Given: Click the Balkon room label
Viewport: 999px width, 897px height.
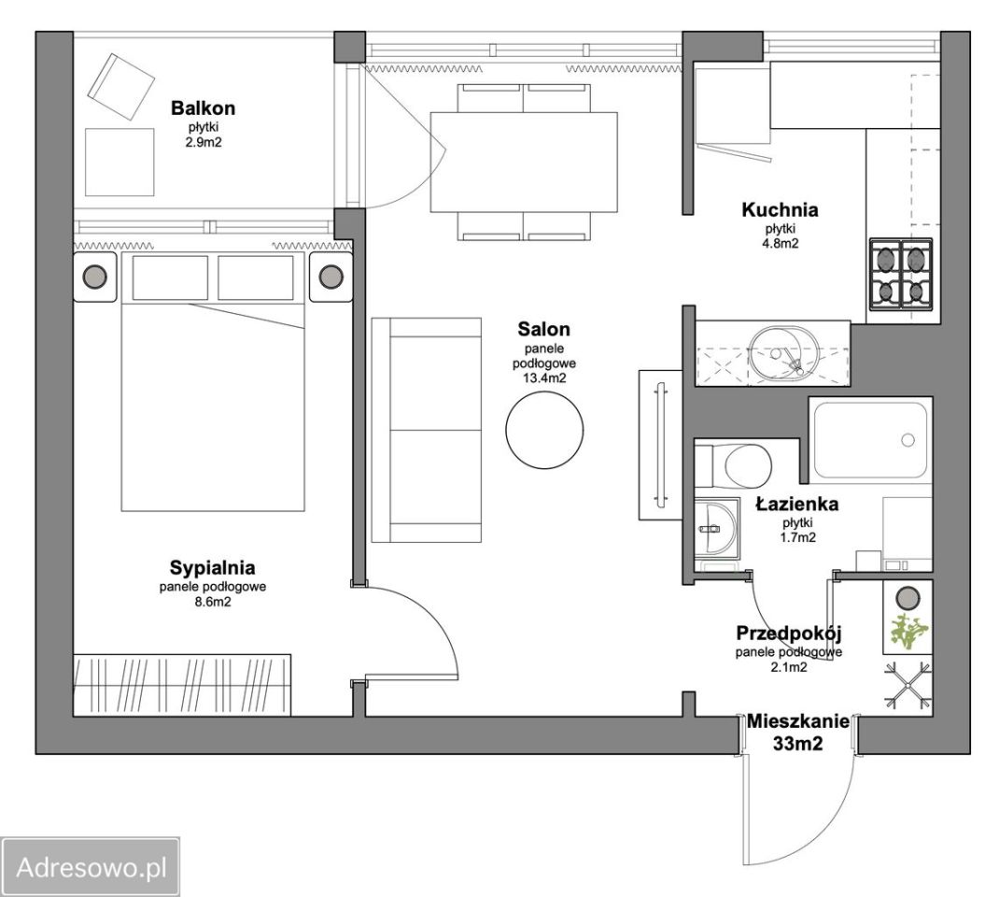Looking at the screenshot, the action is (203, 108).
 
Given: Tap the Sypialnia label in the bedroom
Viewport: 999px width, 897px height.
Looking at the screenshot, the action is (212, 567).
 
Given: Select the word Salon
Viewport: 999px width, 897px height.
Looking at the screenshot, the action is (543, 329).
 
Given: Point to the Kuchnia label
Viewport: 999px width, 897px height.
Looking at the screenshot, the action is (780, 209).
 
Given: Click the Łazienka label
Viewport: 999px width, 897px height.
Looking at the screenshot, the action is (797, 505).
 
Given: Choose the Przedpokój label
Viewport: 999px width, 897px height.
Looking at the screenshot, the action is (789, 634).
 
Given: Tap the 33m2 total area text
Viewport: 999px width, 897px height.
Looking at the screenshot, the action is (797, 743).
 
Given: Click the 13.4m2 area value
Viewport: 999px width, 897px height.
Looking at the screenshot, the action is (544, 378).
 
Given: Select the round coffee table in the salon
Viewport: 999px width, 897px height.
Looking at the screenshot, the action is (544, 430).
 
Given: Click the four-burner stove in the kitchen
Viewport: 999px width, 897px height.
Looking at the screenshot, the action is (901, 273).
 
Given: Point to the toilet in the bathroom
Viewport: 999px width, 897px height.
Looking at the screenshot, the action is (733, 465).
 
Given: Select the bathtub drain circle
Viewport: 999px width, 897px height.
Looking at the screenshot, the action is (908, 440).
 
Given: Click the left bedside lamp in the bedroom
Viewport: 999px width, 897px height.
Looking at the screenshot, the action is (95, 277).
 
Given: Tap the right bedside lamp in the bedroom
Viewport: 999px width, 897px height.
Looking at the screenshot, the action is (331, 277).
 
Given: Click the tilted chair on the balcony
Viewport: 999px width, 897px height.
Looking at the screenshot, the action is (121, 87).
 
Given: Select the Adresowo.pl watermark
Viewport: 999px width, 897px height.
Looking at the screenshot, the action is (91, 868).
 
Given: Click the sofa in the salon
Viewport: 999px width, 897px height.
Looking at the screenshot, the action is (427, 431).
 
